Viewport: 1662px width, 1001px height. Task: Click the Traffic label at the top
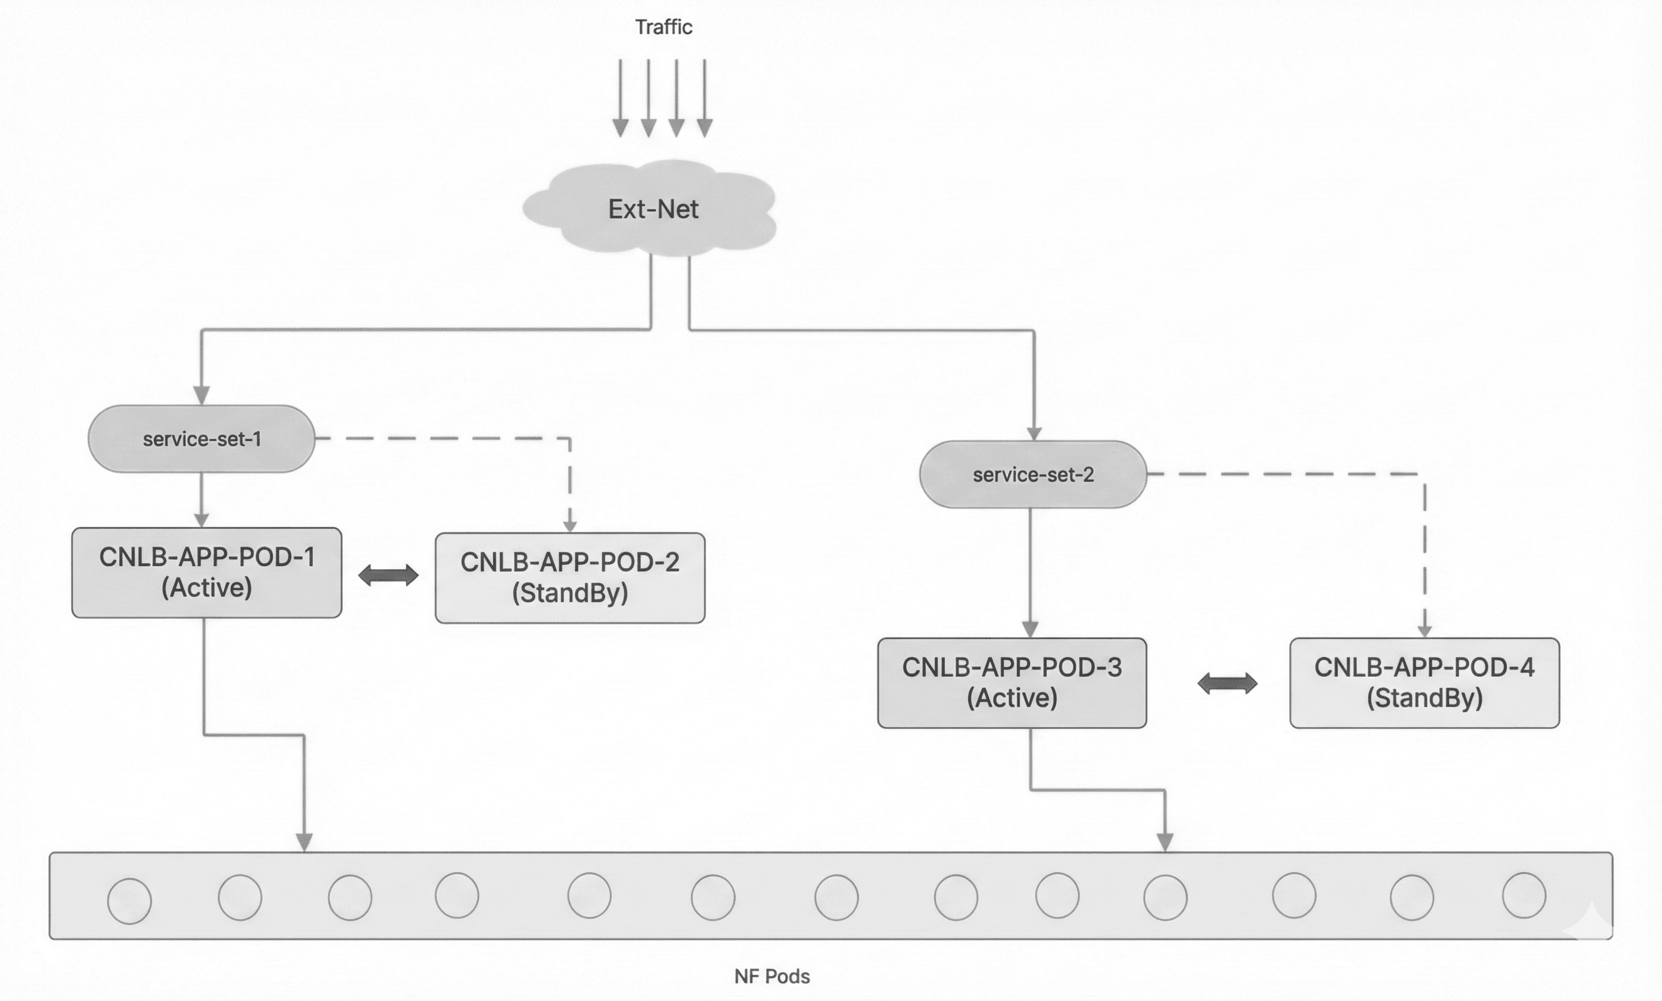tap(664, 27)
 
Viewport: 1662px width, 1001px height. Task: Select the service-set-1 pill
tap(201, 439)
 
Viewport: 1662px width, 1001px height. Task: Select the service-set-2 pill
tap(1032, 474)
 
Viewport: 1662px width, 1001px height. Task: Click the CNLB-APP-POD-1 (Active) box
tap(206, 572)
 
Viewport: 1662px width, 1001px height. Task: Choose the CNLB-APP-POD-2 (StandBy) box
tap(570, 577)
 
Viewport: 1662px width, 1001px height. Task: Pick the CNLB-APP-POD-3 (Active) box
tap(1012, 682)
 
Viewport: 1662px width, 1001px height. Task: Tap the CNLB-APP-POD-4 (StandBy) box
tap(1424, 682)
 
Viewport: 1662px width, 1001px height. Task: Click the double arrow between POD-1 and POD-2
tap(388, 576)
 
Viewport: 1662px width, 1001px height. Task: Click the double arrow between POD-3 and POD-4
tap(1227, 683)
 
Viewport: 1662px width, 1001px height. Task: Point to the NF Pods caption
tap(772, 976)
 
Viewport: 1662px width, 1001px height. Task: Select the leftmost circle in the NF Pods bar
tap(130, 900)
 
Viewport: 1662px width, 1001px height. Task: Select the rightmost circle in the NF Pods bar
tap(1524, 895)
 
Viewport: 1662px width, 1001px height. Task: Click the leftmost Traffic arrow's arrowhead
tap(621, 128)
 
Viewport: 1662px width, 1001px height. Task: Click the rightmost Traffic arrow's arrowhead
tap(704, 128)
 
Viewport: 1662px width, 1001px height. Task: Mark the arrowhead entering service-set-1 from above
tap(201, 395)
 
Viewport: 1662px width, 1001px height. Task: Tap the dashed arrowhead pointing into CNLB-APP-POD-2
tap(570, 526)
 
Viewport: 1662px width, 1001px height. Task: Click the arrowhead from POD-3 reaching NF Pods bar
tap(1165, 842)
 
